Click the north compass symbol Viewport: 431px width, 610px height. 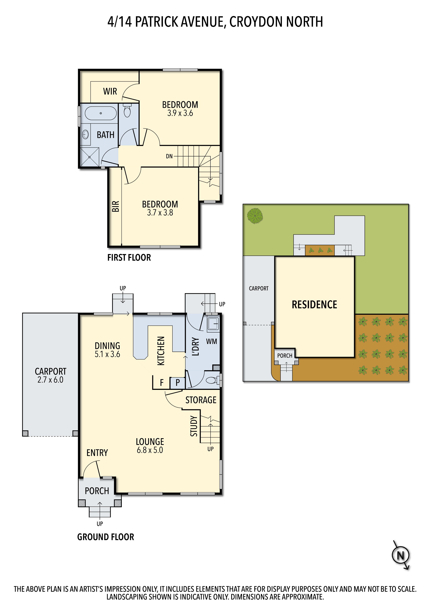tap(401, 555)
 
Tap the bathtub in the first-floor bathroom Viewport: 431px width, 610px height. tap(101, 113)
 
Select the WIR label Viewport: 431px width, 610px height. tap(110, 91)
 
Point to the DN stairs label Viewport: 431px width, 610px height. tap(169, 156)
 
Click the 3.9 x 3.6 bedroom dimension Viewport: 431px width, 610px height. tap(180, 113)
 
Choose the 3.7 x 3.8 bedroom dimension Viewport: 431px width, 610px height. tap(160, 212)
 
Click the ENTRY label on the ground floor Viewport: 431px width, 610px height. tap(97, 453)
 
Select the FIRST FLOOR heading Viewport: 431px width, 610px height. tap(129, 258)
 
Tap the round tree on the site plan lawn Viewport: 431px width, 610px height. tap(255, 216)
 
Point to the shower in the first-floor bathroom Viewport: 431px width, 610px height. tap(90, 157)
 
